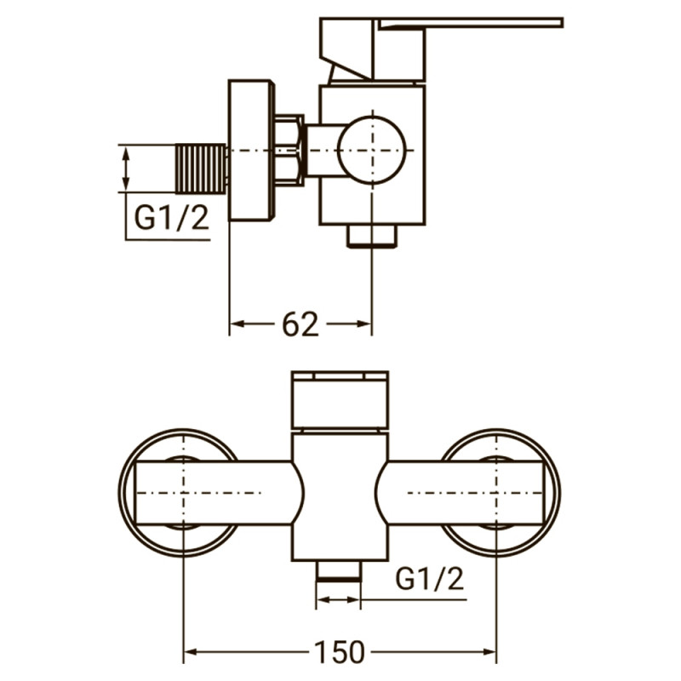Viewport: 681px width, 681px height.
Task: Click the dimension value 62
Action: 299,324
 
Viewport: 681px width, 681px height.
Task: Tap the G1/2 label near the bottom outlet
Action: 430,579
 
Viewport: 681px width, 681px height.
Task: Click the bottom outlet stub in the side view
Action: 372,236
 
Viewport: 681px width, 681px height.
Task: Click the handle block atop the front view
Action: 340,401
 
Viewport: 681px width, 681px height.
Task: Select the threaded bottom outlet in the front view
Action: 339,572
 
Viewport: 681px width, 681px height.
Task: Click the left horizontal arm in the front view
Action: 213,493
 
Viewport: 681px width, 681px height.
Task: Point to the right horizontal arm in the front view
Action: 464,493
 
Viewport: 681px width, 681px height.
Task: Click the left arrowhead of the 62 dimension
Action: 237,324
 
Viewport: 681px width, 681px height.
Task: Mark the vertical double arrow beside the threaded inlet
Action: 127,169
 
